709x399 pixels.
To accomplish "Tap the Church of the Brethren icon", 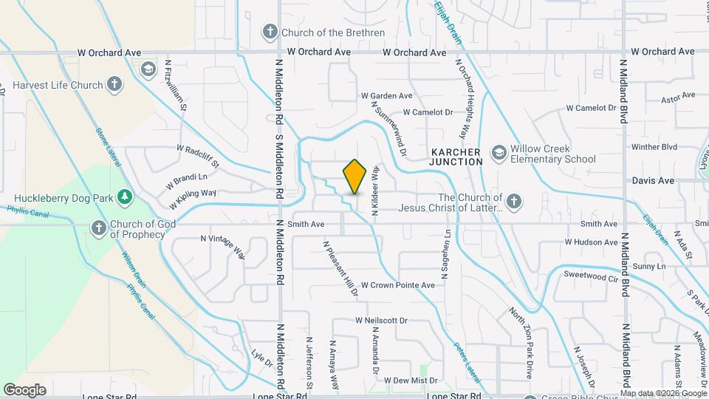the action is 270,32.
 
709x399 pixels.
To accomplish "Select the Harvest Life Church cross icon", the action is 114,84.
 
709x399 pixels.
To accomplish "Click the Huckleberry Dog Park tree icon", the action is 126,197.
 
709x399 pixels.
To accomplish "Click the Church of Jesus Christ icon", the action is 515,201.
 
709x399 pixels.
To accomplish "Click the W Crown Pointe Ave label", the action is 397,284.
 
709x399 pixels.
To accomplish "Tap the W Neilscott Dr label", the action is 381,321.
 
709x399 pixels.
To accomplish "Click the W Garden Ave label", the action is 386,96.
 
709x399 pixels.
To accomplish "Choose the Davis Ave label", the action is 653,180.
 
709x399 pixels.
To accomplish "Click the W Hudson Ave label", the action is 591,242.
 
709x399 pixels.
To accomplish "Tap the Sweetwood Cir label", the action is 590,274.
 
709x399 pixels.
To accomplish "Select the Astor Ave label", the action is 678,98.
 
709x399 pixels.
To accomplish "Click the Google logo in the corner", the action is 24,389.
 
